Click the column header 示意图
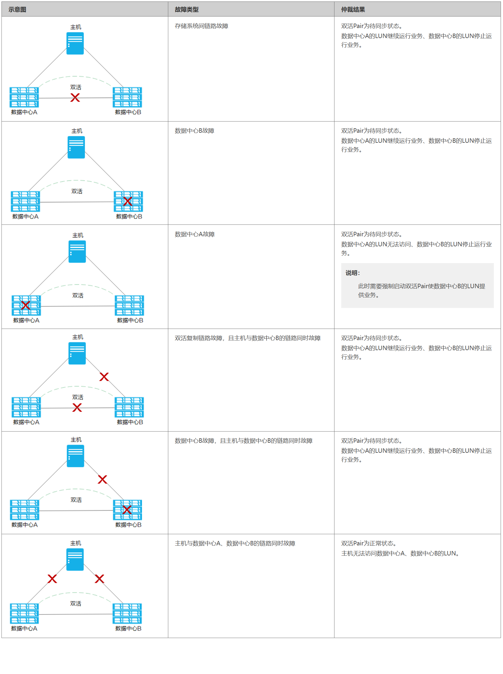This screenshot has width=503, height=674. (17, 9)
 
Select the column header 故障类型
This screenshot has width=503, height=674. (186, 9)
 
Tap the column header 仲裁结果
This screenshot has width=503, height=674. (352, 9)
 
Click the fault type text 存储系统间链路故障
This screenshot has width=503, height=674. (201, 26)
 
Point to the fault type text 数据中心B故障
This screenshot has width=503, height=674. (194, 131)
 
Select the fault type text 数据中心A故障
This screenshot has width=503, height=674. (195, 234)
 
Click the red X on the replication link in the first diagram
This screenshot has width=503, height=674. (75, 98)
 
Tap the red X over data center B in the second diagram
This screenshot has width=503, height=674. (128, 201)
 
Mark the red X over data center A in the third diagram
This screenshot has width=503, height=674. (26, 305)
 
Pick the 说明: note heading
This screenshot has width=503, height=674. (352, 273)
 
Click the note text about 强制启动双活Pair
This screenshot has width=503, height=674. (421, 290)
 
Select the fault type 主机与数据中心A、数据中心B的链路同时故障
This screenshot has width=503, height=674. (235, 543)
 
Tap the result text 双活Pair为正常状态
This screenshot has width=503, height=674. (368, 543)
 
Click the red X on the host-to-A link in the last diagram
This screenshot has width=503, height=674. (52, 578)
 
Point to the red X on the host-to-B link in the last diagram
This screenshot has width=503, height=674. (99, 578)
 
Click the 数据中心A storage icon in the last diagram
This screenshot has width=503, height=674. (25, 613)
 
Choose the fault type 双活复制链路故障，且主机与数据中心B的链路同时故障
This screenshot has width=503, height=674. (247, 338)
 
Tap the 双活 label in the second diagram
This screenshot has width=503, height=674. (77, 191)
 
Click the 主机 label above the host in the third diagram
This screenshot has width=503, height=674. (78, 235)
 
